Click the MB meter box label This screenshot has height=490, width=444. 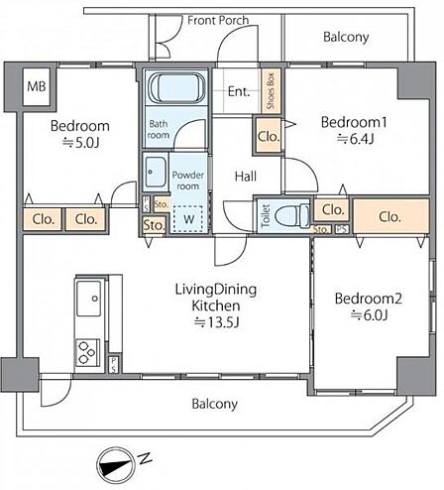point(37,86)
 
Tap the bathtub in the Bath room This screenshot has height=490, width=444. point(176,88)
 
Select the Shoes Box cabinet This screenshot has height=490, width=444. point(271,90)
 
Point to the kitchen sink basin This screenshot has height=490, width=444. point(89,299)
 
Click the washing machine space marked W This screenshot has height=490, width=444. point(188,218)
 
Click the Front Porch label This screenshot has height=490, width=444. point(218,21)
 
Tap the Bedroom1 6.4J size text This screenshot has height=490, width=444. point(355,139)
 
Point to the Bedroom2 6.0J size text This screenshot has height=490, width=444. point(369,315)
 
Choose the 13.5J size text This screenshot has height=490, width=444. point(216,322)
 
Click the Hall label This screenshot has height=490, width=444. point(246,177)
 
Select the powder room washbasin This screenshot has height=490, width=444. point(156,172)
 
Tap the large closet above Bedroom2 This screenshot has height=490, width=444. point(391,216)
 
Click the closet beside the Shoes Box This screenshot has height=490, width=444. point(269,136)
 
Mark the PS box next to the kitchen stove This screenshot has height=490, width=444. point(113,364)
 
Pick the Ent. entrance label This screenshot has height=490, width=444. point(239,91)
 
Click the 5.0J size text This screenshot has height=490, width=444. point(81,143)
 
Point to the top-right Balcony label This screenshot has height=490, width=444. point(346,37)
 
